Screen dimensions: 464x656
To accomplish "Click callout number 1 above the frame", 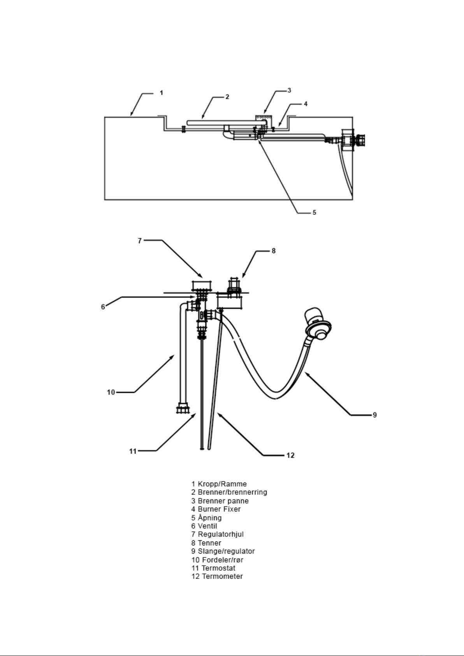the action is point(161,93).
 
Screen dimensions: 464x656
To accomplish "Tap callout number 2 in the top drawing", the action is point(227,97).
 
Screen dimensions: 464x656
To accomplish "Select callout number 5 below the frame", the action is point(315,213).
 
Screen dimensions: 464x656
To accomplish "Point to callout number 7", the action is point(140,241).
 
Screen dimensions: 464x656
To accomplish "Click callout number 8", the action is point(273,251).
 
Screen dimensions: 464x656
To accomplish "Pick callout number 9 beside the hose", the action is point(374,415).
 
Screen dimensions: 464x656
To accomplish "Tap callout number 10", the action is point(111,392).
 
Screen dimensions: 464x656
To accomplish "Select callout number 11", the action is point(133,451).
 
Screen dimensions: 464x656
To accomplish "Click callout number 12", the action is point(290,456).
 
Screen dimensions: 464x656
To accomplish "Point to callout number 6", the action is point(103,307).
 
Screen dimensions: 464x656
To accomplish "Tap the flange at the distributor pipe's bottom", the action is point(183,408).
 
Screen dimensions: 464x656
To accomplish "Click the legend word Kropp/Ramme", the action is point(222,484).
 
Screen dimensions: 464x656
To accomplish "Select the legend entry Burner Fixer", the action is point(219,509).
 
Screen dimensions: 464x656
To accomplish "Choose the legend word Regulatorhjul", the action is point(220,535).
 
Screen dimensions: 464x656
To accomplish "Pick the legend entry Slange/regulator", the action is point(226,551).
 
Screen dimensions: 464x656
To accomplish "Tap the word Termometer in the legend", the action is point(222,576).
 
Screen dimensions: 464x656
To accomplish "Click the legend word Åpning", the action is point(209,517).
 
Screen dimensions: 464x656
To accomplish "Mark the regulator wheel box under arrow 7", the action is point(202,285).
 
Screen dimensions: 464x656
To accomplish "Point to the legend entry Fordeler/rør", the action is point(223,560).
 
